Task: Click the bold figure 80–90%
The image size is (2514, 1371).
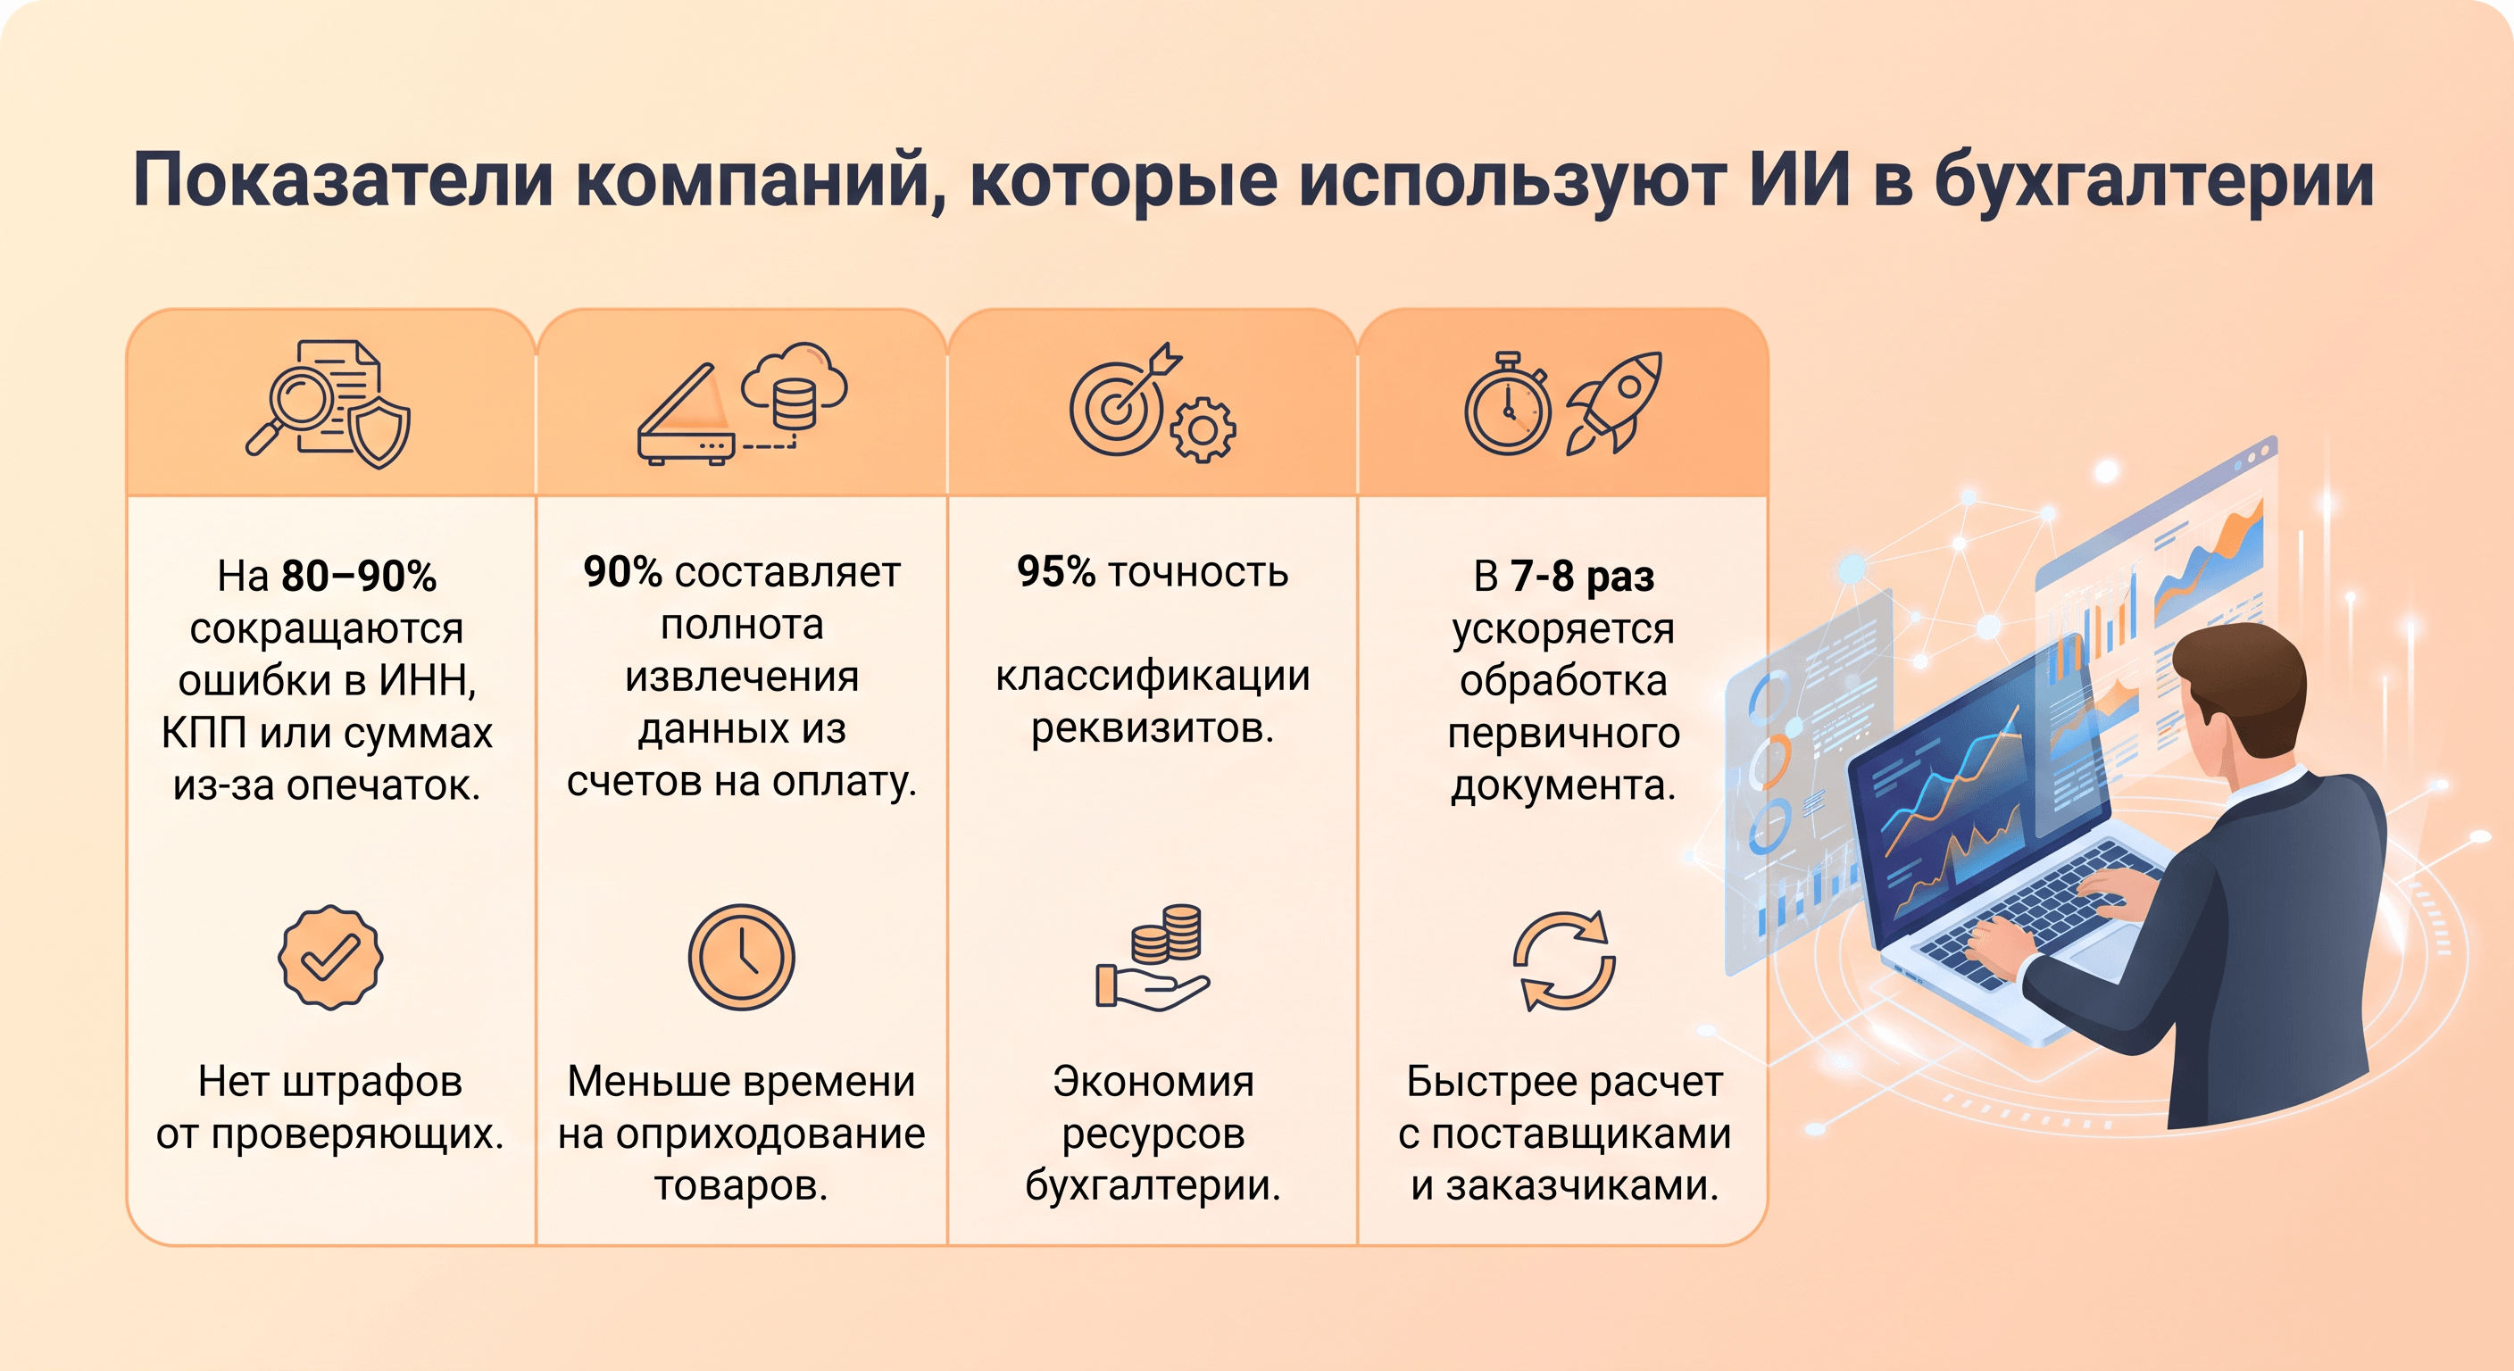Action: point(358,576)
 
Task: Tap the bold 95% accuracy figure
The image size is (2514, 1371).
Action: point(1055,572)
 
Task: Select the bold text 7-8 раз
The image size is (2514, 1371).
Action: point(1582,576)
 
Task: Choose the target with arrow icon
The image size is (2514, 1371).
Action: point(1123,401)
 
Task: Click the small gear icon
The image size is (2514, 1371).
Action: point(1203,429)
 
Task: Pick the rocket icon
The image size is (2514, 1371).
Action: point(1614,401)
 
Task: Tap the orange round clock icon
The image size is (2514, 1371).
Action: point(742,957)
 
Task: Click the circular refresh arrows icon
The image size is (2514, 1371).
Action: point(1563,960)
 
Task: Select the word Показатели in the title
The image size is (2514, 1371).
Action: point(344,180)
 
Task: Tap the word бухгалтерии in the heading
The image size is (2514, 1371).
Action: point(2155,180)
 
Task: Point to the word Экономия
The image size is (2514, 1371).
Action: point(1153,1081)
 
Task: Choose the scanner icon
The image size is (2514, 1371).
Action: point(686,415)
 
